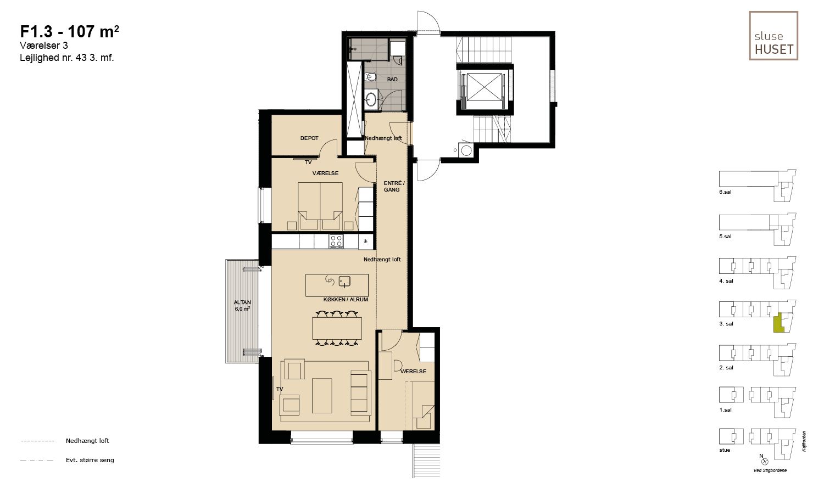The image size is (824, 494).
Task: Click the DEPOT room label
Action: click(x=309, y=138)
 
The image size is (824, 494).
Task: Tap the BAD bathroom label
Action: click(x=392, y=80)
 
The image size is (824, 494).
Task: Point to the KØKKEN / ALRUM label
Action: click(x=346, y=300)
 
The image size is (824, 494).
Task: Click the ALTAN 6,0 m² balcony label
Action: click(x=242, y=306)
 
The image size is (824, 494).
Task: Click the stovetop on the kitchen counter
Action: click(x=336, y=241)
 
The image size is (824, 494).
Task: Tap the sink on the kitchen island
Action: click(x=344, y=282)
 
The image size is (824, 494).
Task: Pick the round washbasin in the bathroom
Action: click(x=371, y=99)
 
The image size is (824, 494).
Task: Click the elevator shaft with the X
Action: click(x=485, y=87)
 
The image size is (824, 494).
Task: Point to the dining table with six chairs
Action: click(x=337, y=328)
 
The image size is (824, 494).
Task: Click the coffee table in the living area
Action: click(x=322, y=396)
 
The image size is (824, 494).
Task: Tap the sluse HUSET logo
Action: click(x=773, y=36)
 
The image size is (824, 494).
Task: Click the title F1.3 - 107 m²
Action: click(x=70, y=32)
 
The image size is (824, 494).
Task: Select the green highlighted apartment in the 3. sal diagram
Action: click(x=778, y=323)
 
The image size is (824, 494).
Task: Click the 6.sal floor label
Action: click(x=726, y=192)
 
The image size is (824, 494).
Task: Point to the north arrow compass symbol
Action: click(x=765, y=461)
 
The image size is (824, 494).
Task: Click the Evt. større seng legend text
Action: click(x=90, y=460)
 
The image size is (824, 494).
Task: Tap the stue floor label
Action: click(x=725, y=450)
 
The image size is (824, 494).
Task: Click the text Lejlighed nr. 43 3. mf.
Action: click(x=67, y=58)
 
